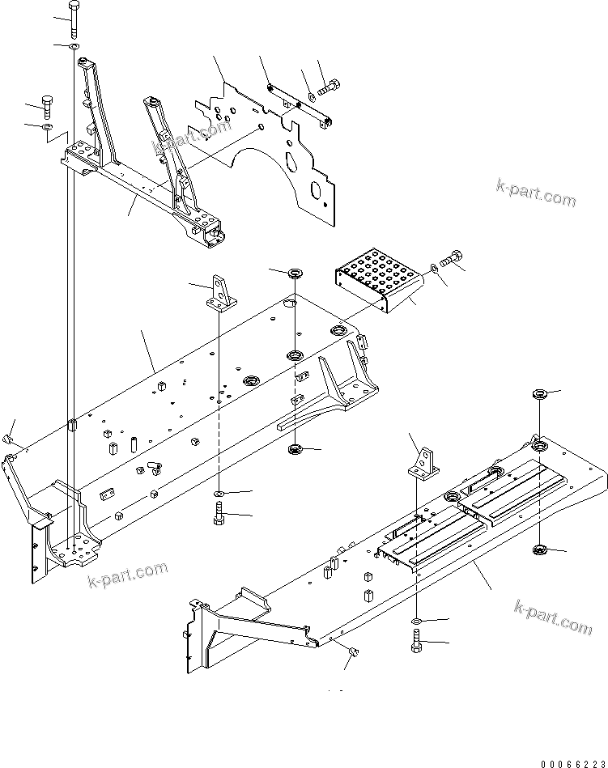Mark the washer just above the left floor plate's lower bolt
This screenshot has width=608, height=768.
219,493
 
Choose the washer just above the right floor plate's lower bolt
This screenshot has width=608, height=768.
416,621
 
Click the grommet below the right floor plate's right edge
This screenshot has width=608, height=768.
541,551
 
